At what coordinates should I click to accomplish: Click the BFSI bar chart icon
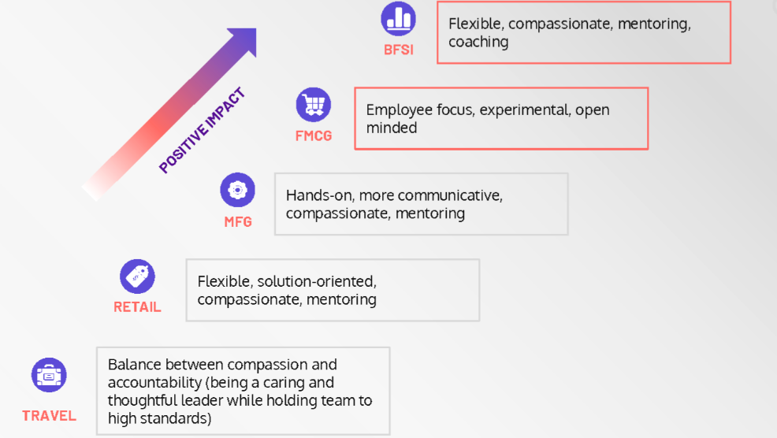coord(398,18)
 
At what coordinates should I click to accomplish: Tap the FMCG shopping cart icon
coord(314,104)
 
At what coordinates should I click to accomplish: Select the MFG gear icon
coord(237,190)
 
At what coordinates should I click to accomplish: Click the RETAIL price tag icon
coord(137,277)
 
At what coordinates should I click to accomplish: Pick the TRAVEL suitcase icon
coord(49,376)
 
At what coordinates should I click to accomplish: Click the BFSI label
coord(398,51)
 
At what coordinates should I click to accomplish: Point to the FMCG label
coord(314,135)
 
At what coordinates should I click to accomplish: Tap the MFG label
coord(238,222)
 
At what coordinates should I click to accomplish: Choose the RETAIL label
coord(137,307)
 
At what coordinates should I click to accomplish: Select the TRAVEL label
coord(49,416)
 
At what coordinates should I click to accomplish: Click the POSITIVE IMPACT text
coord(203,131)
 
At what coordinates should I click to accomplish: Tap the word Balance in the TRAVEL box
coord(133,365)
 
